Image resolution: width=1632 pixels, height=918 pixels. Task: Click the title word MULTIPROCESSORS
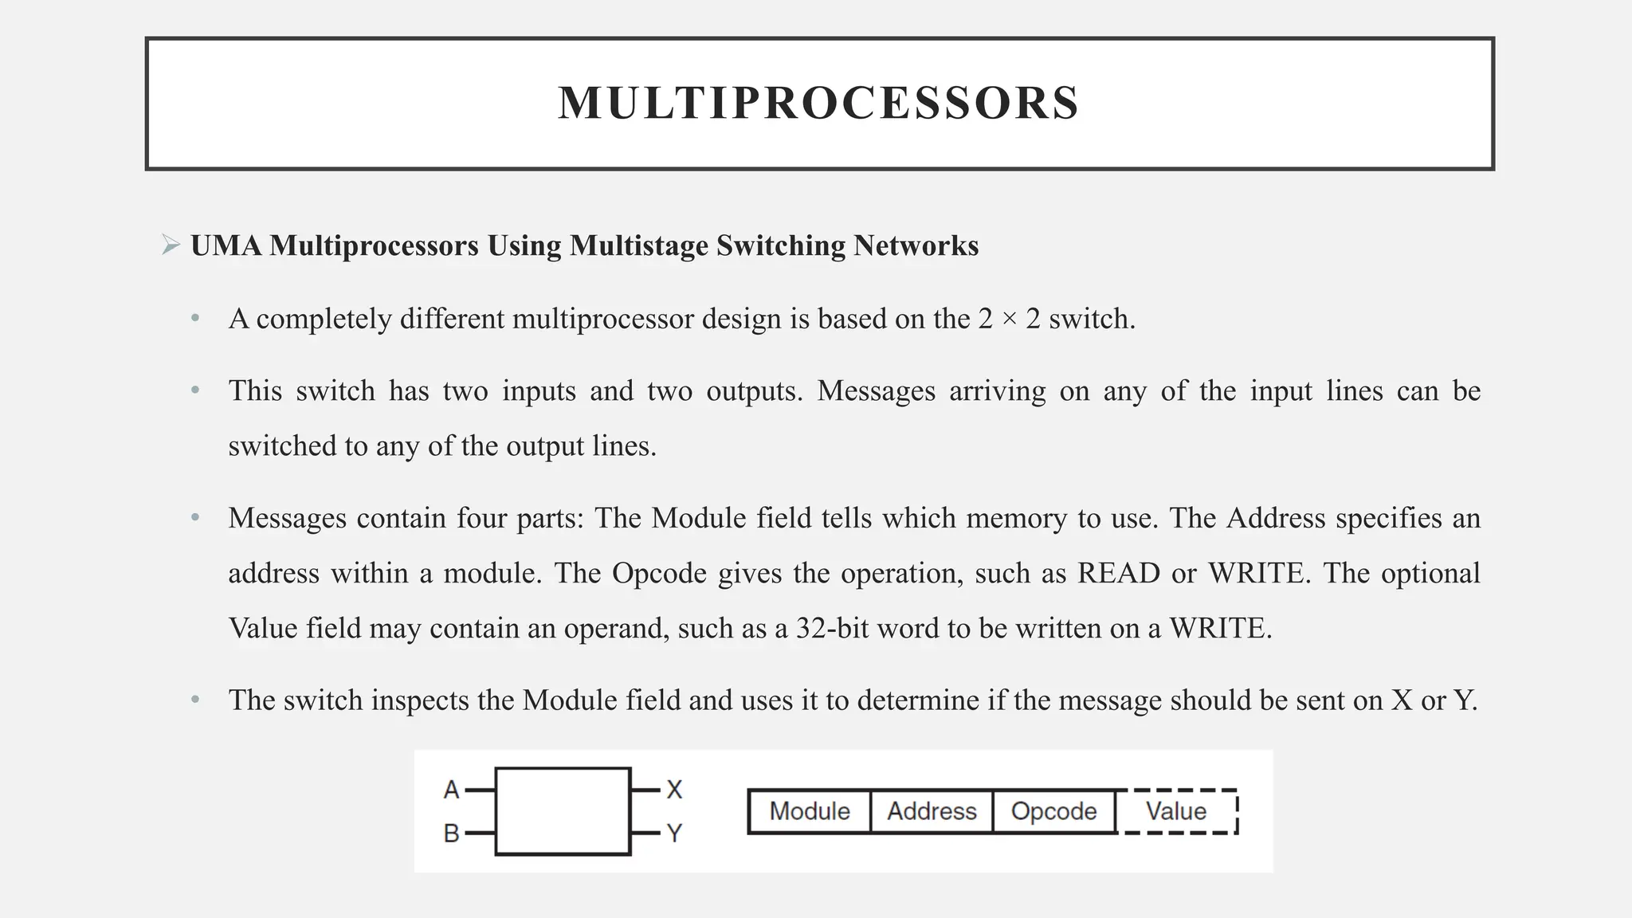[x=818, y=104]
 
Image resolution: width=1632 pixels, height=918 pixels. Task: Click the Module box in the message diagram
[x=810, y=811]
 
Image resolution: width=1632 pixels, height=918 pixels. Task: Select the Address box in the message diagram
[x=932, y=811]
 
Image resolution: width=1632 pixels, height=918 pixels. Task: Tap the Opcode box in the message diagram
[x=1053, y=811]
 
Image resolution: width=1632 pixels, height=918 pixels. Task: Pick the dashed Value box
[x=1176, y=811]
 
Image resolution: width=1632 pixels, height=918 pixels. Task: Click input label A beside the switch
[x=451, y=790]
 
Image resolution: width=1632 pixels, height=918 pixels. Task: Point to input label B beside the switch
[x=451, y=834]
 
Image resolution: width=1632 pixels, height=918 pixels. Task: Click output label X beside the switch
[x=674, y=790]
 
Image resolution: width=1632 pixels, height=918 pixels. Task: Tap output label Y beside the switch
[x=674, y=834]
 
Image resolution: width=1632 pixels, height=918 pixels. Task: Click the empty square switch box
[x=563, y=811]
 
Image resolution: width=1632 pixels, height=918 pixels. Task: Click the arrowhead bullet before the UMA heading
[x=171, y=245]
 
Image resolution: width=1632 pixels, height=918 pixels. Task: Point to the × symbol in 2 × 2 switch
[x=1010, y=320]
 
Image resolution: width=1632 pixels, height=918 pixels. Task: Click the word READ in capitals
[x=1118, y=574]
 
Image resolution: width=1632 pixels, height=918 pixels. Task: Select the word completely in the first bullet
[x=324, y=320]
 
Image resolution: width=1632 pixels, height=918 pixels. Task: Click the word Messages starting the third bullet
[x=287, y=519]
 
